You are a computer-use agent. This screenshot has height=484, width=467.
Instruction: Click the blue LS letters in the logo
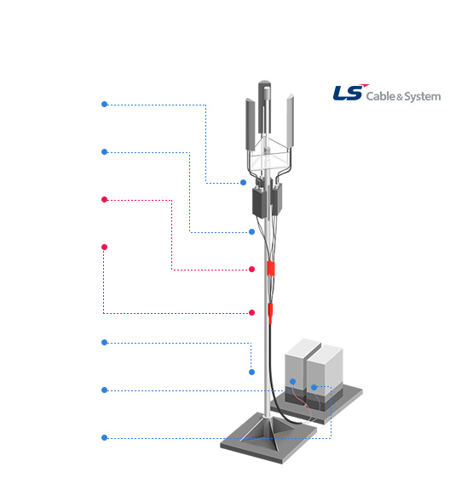click(347, 93)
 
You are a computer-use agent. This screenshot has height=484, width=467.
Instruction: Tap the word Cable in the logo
click(380, 96)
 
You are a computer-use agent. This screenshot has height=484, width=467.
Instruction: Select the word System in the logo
click(423, 97)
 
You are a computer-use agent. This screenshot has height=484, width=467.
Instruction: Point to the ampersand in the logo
click(400, 98)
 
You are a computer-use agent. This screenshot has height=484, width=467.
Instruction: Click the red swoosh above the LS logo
click(365, 85)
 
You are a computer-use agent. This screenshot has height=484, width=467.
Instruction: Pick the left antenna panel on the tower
click(251, 124)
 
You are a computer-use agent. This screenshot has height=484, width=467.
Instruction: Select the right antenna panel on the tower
click(290, 121)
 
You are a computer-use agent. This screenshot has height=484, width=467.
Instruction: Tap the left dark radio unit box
click(259, 202)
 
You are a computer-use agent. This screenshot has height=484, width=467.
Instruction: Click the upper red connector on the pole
click(271, 268)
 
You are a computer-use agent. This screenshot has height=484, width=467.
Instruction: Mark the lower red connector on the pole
click(270, 313)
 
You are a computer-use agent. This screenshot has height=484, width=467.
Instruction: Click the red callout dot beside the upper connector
click(251, 269)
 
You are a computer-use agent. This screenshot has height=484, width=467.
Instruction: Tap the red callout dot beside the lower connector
click(251, 313)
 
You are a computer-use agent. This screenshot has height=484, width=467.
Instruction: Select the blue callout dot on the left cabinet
click(292, 382)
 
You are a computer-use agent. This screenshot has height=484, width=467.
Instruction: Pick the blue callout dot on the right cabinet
click(314, 387)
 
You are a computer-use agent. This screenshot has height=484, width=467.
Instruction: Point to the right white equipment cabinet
click(325, 373)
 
